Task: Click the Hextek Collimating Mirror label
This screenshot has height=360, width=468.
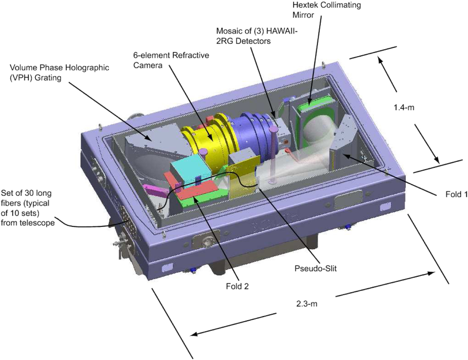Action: pyautogui.click(x=326, y=10)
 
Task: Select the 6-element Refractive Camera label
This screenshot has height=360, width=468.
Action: pyautogui.click(x=171, y=60)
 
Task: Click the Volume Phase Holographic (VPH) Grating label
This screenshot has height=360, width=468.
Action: pyautogui.click(x=59, y=72)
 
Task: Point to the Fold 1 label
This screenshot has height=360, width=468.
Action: pyautogui.click(x=456, y=194)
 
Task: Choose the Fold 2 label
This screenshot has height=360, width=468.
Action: pyautogui.click(x=237, y=286)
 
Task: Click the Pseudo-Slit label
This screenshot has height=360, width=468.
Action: pyautogui.click(x=315, y=268)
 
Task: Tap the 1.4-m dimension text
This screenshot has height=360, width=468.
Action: pyautogui.click(x=404, y=108)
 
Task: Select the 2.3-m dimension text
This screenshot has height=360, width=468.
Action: pyautogui.click(x=307, y=304)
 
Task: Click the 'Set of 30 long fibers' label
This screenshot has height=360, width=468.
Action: pyautogui.click(x=28, y=208)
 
